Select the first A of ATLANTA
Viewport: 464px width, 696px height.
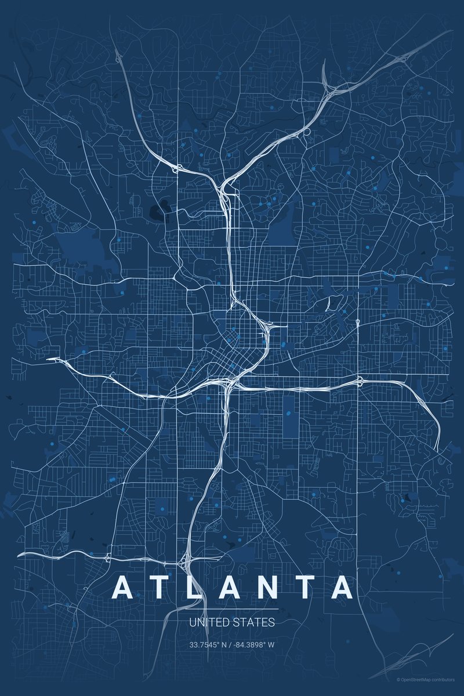point(124,588)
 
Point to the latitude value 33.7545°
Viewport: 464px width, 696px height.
point(205,644)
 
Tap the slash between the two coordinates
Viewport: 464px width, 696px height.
point(229,644)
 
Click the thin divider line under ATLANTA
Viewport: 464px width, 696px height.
point(232,609)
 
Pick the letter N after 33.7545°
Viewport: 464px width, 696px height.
point(223,644)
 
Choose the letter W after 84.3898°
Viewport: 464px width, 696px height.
point(271,644)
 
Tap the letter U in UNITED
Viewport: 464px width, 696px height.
point(192,623)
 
